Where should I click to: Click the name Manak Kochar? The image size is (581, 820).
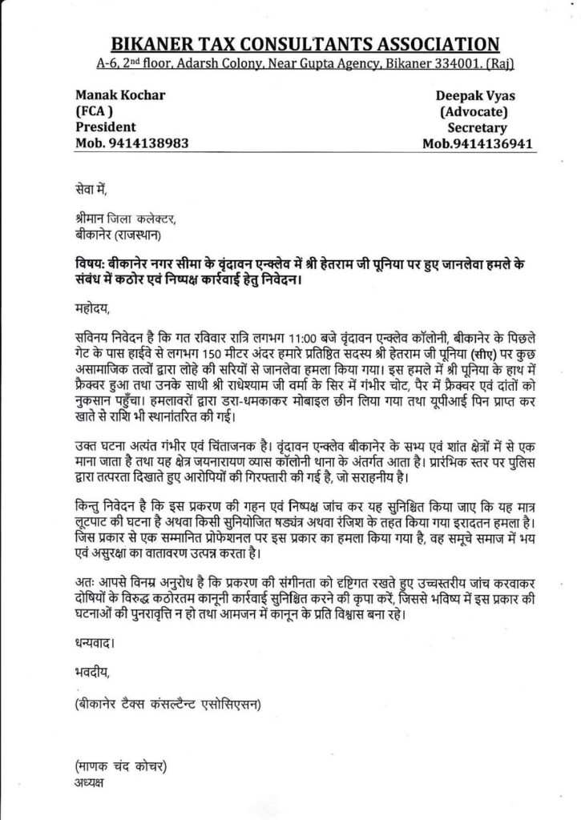[120, 95]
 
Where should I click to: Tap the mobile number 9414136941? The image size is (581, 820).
[496, 144]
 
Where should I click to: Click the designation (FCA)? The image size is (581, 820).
[94, 111]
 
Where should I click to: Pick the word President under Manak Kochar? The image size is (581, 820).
[105, 127]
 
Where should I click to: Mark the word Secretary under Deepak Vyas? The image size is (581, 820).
[478, 127]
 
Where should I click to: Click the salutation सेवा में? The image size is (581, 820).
[88, 190]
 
